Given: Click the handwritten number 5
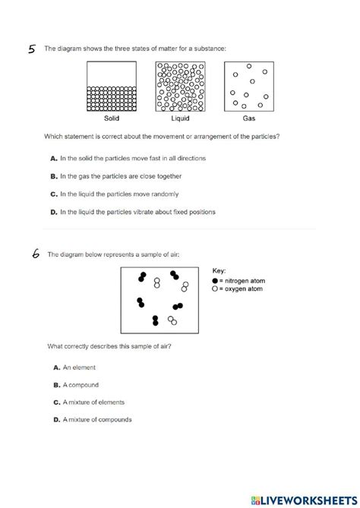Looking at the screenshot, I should (x=32, y=50).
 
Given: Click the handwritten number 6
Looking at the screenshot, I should (x=35, y=254).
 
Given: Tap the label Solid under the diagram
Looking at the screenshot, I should (x=112, y=119).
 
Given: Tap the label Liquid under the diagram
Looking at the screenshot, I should (x=179, y=119).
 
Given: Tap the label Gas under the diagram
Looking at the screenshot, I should (x=249, y=119).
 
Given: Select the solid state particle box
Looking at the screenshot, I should (x=112, y=87).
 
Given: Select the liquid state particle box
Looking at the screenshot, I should (x=180, y=87).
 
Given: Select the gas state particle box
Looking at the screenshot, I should (x=248, y=87).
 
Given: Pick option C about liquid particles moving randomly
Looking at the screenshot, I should (x=122, y=194).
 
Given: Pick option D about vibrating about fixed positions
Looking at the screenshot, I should (x=132, y=212).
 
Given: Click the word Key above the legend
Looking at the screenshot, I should (x=219, y=270).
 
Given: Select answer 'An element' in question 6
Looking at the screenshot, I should (x=77, y=367).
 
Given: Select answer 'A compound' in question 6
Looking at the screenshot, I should (x=78, y=385).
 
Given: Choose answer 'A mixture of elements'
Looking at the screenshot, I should (x=92, y=402).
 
